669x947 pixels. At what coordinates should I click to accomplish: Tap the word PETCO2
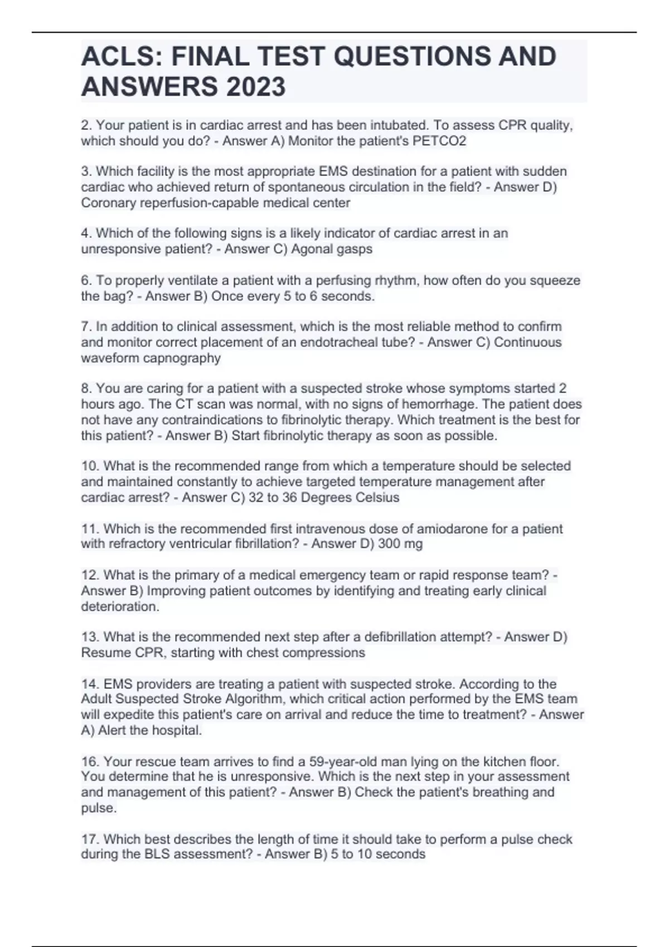tap(439, 141)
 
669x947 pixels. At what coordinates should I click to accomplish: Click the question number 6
tap(86, 280)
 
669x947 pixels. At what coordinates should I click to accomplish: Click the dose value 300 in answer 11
tap(389, 544)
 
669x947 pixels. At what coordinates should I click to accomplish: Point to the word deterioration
tap(120, 607)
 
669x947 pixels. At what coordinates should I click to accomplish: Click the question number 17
tap(90, 839)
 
